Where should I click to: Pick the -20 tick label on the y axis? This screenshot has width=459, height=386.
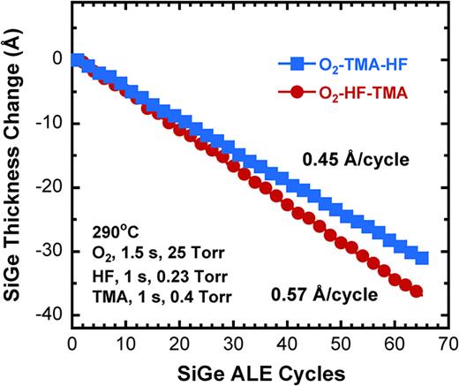[x=49, y=187]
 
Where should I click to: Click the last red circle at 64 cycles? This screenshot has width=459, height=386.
[x=415, y=291]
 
